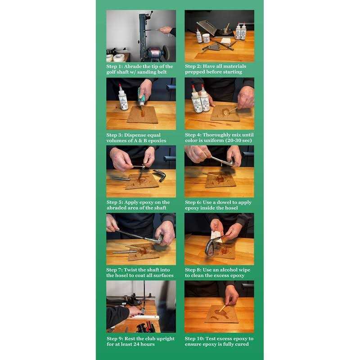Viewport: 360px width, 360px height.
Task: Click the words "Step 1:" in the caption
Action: tap(114, 67)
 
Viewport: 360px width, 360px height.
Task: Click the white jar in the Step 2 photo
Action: tap(206, 38)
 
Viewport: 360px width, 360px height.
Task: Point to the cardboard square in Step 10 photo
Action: tap(221, 314)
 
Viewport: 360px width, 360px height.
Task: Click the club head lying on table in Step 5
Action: tap(160, 175)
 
